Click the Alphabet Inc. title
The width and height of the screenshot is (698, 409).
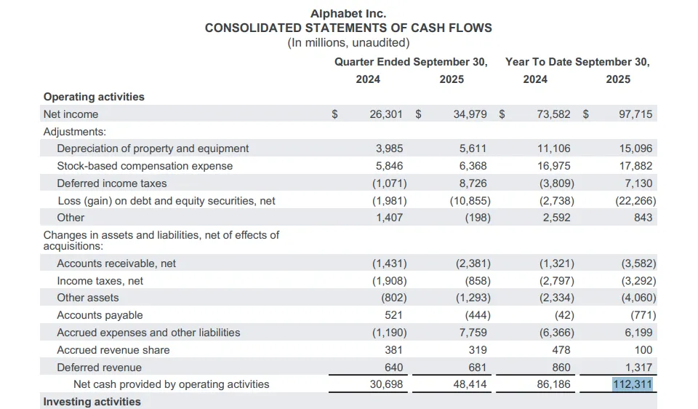tap(348, 13)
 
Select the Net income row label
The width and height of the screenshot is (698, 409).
tap(71, 114)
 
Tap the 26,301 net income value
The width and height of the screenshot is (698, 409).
tap(386, 114)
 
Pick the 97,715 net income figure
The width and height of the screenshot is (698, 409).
tap(635, 114)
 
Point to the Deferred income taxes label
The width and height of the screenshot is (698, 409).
tap(111, 183)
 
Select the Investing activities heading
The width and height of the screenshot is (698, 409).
tap(92, 402)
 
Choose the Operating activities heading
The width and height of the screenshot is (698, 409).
tap(94, 97)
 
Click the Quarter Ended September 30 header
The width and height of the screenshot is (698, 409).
tap(411, 62)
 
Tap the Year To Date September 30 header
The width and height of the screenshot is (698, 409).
tap(577, 62)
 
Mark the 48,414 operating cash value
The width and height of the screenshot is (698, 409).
tap(470, 384)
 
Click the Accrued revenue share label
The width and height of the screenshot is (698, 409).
tap(113, 350)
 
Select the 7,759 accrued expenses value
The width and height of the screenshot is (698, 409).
tap(473, 333)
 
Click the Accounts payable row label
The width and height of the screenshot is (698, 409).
tap(100, 315)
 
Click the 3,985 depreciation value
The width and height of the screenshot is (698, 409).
tap(389, 148)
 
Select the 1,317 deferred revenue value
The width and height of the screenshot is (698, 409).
tap(639, 368)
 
